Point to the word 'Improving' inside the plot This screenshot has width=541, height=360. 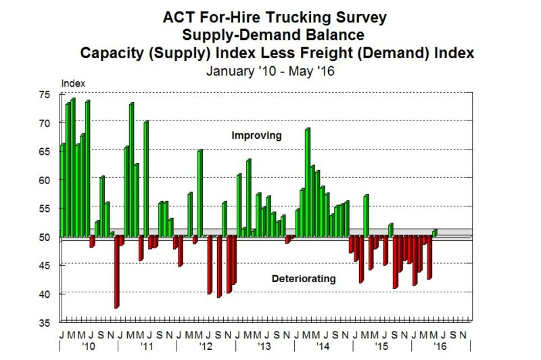(x=256, y=136)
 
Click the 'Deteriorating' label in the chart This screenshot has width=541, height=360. (x=304, y=278)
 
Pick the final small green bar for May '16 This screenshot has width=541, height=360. (x=434, y=233)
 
